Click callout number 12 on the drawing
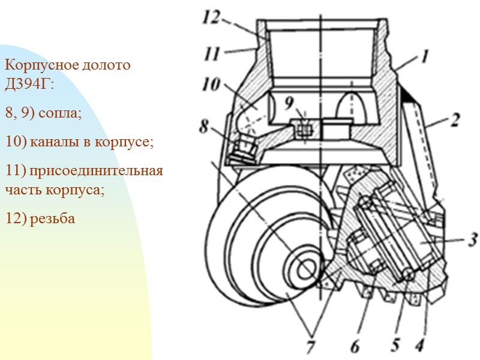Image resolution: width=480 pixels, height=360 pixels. pos(211,18)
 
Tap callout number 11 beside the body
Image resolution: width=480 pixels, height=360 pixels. pos(212,54)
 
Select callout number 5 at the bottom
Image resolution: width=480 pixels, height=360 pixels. pos(395,345)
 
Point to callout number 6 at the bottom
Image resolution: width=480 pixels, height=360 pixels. pos(355,346)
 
